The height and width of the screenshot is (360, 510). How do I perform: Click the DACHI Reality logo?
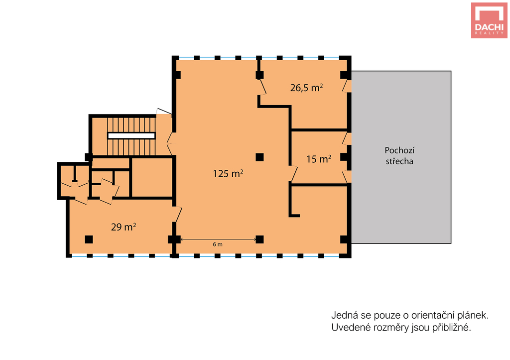click(489, 20)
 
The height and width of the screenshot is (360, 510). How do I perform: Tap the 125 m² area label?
click(228, 173)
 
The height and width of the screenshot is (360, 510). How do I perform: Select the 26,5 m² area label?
click(306, 88)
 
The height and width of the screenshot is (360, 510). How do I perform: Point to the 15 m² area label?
click(319, 159)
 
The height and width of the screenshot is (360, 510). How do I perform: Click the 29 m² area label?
click(124, 227)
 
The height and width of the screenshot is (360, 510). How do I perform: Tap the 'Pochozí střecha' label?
click(399, 156)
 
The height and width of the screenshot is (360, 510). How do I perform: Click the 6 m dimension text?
click(218, 244)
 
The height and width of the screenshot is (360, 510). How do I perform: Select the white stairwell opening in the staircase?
click(131, 135)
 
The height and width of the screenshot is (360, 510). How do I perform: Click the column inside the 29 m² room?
click(89, 240)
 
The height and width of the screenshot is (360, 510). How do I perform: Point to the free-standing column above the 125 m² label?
click(259, 157)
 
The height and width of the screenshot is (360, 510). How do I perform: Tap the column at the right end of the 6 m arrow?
click(259, 240)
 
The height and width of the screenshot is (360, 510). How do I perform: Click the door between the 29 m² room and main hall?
click(177, 214)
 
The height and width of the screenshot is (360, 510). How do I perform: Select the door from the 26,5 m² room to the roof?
click(347, 86)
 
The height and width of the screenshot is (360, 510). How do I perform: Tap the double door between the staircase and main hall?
click(170, 143)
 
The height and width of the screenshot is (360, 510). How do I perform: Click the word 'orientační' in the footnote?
click(432, 316)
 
